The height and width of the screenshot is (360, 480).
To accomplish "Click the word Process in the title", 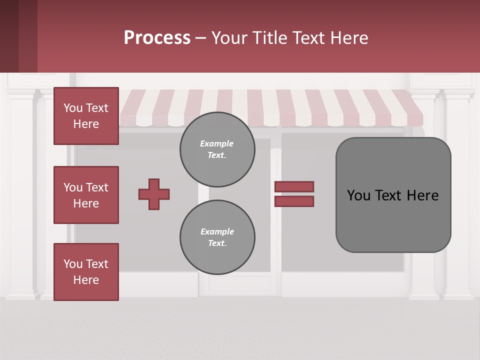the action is pyautogui.click(x=157, y=38).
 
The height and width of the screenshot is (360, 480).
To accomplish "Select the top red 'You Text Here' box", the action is pyautogui.click(x=86, y=116).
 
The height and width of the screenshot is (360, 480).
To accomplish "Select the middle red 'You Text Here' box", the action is pyautogui.click(x=86, y=195).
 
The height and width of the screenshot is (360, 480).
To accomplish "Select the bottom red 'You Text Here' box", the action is pyautogui.click(x=86, y=272).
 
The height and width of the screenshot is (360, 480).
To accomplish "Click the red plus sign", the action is pyautogui.click(x=154, y=194).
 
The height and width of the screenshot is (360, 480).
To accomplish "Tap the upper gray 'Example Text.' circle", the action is pyautogui.click(x=217, y=149).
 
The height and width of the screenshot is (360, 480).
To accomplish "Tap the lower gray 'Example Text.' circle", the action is pyautogui.click(x=217, y=237).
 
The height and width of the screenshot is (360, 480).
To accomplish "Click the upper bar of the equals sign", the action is pyautogui.click(x=294, y=186).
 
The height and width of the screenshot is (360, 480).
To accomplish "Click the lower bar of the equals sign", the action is pyautogui.click(x=294, y=201).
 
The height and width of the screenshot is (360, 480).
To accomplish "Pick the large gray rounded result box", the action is pyautogui.click(x=393, y=220).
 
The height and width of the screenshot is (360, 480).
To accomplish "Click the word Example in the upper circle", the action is pyautogui.click(x=216, y=143).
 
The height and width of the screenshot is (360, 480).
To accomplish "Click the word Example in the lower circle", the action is pyautogui.click(x=217, y=231).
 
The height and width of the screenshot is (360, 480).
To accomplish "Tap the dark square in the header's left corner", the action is pyautogui.click(x=18, y=36).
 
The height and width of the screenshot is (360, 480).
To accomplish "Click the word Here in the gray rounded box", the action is pyautogui.click(x=422, y=195).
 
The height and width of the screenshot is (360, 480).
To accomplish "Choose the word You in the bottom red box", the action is pyautogui.click(x=72, y=264).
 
